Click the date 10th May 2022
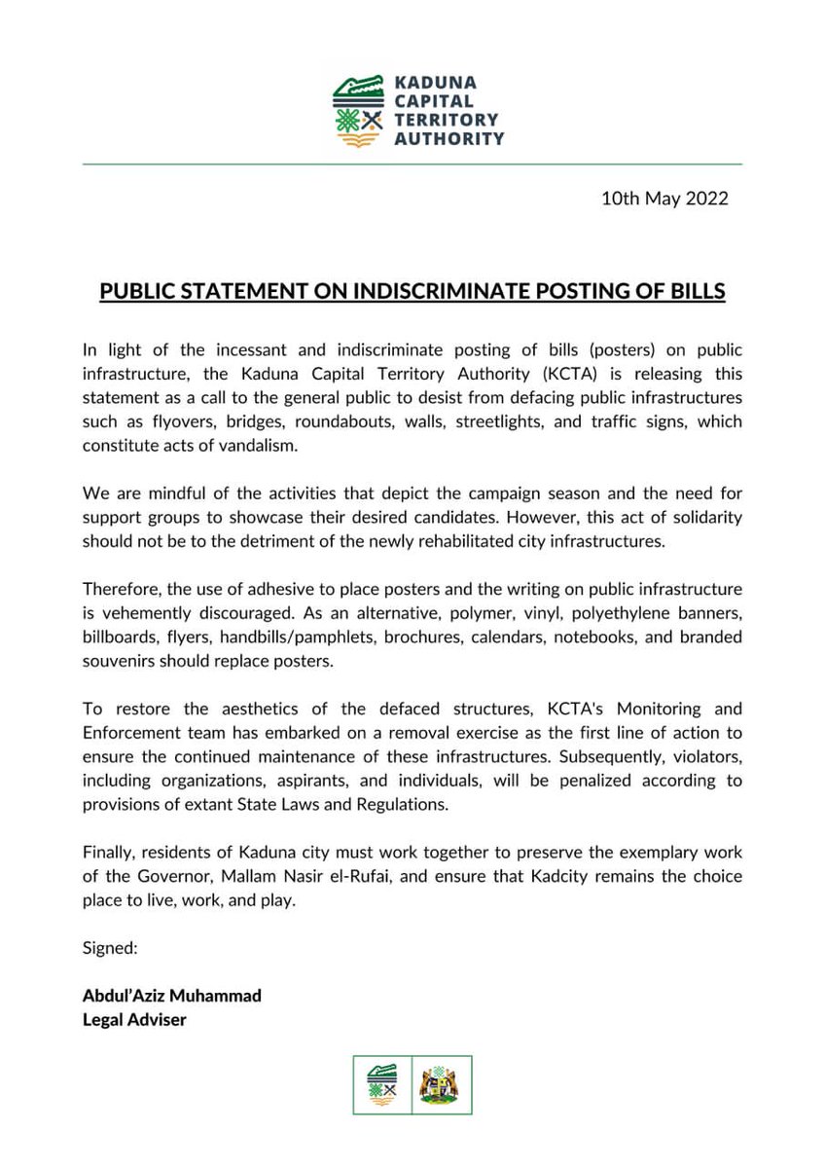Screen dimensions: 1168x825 pos(664,200)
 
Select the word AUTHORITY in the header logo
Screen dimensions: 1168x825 pos(448,138)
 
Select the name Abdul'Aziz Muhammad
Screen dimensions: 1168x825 pos(172,996)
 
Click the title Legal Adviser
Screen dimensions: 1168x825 pos(133,1019)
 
